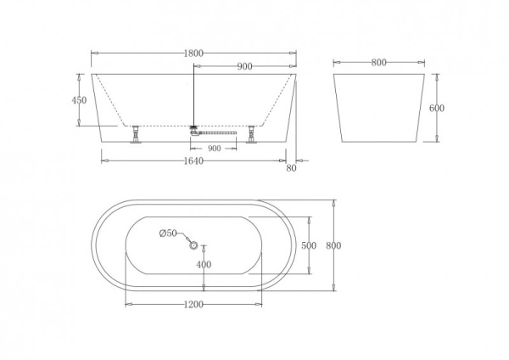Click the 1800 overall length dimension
click(193, 53)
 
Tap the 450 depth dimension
click(80, 100)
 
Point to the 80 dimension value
click(292, 168)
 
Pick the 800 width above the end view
click(378, 62)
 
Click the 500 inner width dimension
click(309, 245)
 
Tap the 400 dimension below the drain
click(204, 265)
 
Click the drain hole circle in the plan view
click(194, 246)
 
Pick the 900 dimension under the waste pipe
click(214, 148)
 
